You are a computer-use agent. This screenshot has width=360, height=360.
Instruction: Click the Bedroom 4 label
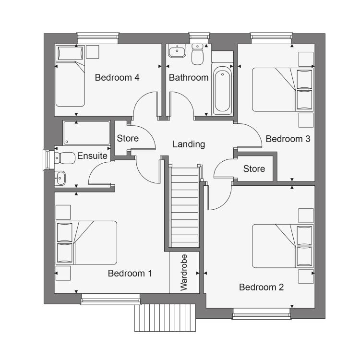coord(117,78)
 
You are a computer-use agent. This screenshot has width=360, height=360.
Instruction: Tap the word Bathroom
coord(189,78)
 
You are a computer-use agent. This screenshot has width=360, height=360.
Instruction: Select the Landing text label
coord(189,144)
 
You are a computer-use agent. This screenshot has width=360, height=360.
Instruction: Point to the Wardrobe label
coord(184,273)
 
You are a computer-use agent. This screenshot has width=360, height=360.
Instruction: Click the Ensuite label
coord(92,156)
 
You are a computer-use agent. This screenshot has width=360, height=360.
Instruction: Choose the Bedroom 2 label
coord(261,287)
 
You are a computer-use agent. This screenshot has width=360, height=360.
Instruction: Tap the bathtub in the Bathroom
coord(222,90)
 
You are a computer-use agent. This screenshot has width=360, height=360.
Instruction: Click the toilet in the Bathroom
coord(197,54)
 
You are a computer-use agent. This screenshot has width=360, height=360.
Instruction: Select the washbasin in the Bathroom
coord(177,51)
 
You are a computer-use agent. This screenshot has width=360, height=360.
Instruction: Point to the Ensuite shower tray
coord(86,133)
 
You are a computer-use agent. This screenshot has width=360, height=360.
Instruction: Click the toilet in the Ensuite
coord(65,158)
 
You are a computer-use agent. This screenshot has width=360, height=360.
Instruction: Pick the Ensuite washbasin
coord(60,178)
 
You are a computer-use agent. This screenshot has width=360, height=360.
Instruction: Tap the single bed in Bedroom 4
coord(70,76)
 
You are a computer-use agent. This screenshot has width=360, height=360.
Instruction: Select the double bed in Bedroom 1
coord(86,243)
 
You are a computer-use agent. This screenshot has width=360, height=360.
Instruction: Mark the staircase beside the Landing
coord(184,206)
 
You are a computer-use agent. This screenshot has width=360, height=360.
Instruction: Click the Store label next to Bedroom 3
coord(254,169)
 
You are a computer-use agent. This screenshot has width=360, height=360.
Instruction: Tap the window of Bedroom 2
coord(262,313)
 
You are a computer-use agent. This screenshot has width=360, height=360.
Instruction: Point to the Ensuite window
coord(47,160)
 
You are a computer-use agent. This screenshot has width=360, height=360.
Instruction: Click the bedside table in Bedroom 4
coord(93,52)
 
